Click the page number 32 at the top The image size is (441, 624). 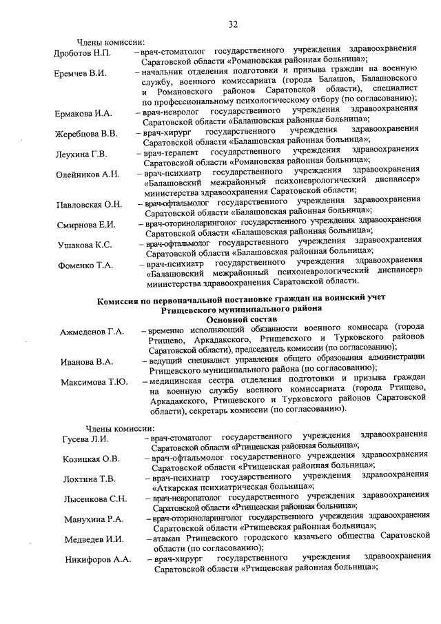(233, 25)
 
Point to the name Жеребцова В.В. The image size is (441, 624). (86, 133)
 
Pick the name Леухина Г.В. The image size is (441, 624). (81, 154)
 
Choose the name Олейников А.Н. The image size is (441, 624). (88, 174)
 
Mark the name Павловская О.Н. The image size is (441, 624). (90, 204)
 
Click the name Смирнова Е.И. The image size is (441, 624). (86, 224)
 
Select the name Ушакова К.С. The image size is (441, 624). (84, 244)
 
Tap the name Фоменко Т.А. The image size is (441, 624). (85, 265)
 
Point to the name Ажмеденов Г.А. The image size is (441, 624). (92, 332)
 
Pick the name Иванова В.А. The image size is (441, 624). (86, 361)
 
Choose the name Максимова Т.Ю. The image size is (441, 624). (94, 382)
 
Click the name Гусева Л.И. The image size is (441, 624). (85, 439)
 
